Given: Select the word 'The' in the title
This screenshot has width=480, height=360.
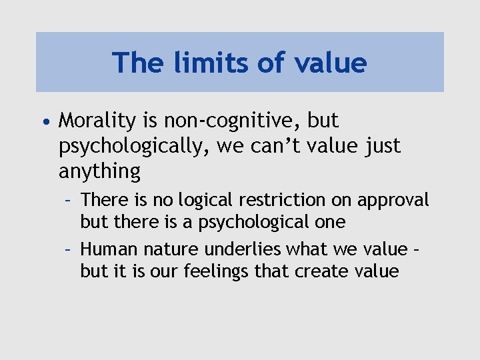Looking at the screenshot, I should (x=135, y=63).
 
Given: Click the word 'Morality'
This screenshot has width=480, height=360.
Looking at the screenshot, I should (x=99, y=121).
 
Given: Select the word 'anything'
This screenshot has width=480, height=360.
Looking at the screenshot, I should (x=99, y=171).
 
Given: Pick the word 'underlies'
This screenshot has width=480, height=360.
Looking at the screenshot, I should (x=235, y=249).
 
